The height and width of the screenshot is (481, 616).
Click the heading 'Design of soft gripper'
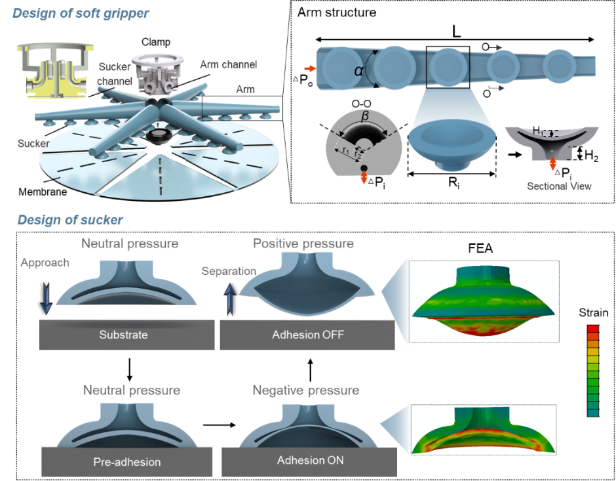pyautogui.click(x=81, y=12)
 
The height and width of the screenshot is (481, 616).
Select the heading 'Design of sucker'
pyautogui.click(x=70, y=219)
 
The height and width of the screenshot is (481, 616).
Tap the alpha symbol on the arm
pyautogui.click(x=358, y=81)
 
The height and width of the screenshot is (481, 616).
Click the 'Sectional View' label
pyautogui.click(x=559, y=186)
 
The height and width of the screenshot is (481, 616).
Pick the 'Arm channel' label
pyautogui.click(x=228, y=64)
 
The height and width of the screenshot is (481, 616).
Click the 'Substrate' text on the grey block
pyautogui.click(x=123, y=335)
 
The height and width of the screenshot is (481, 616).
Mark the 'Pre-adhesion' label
pyautogui.click(x=126, y=462)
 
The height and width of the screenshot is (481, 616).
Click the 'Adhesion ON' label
pyautogui.click(x=310, y=460)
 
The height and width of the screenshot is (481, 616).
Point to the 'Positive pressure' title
pyautogui.click(x=303, y=243)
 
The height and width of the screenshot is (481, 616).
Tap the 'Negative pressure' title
pyautogui.click(x=305, y=390)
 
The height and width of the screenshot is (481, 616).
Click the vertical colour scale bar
pyautogui.click(x=594, y=370)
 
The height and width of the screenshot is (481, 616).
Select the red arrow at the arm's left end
pyautogui.click(x=309, y=68)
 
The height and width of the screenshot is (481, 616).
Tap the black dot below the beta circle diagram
pyautogui.click(x=362, y=172)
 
